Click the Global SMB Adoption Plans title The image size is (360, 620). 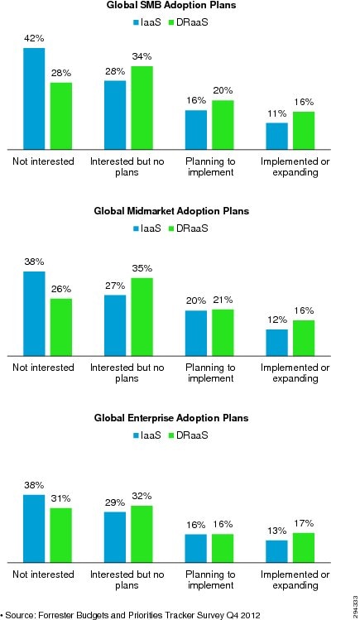(171, 6)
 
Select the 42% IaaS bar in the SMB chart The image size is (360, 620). (34, 99)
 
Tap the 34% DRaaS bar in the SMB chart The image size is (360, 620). (142, 108)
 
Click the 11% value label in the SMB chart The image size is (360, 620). (276, 114)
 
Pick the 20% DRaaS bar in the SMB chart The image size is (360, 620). (223, 125)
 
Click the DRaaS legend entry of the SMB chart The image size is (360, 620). (188, 22)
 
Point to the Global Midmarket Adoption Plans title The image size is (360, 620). (171, 211)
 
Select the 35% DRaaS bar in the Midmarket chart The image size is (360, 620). (142, 317)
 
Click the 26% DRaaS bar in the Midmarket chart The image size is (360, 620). (61, 328)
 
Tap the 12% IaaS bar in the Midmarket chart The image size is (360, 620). (276, 343)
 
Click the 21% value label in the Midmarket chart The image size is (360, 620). (223, 300)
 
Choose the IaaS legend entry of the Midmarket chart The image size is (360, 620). (147, 228)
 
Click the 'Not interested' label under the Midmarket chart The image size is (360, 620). (43, 368)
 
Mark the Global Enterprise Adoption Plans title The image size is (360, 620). (171, 418)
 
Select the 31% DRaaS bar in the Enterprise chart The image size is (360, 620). (61, 536)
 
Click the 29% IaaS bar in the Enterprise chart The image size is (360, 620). (115, 537)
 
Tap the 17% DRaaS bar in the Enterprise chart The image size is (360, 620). (304, 548)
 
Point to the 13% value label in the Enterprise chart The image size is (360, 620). (276, 531)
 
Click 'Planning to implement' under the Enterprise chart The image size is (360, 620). (210, 579)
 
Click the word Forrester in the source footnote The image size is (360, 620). (56, 615)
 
